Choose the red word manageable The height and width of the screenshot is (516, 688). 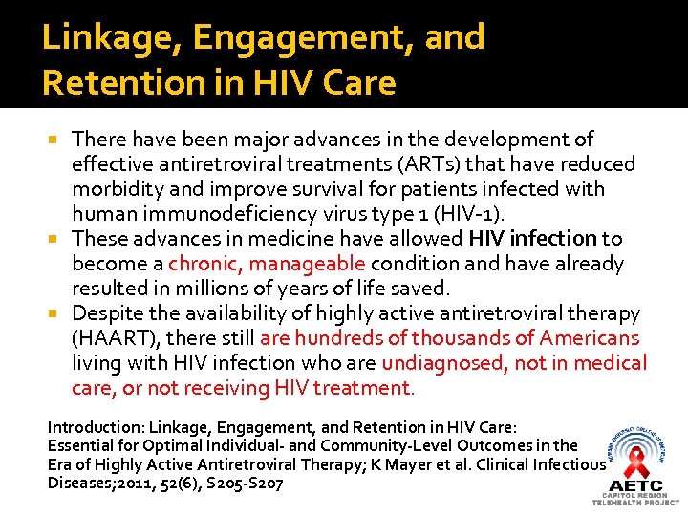(x=303, y=264)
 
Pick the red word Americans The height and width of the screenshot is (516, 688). (x=590, y=338)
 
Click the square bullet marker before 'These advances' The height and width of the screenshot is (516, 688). (x=60, y=239)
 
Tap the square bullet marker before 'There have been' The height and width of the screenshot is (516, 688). (x=60, y=140)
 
